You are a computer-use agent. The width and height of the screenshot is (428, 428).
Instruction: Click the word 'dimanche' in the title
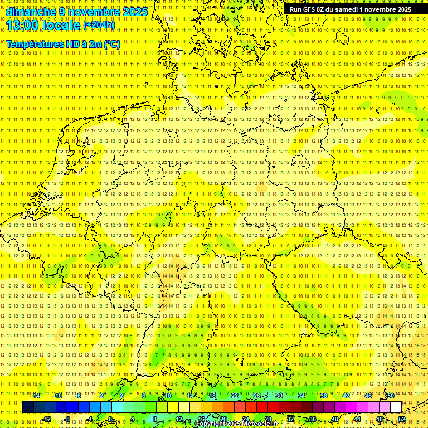coord(28,12)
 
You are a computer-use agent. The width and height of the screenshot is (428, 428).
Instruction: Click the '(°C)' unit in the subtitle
coord(111,44)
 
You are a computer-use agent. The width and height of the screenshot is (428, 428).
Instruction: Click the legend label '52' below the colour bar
coord(402,419)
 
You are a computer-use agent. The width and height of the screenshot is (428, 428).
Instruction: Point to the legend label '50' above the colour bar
coord(391,396)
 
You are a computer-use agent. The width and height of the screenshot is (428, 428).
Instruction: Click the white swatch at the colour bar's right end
coord(396,407)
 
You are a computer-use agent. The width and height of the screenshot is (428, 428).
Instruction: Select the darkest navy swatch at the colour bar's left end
coord(28,407)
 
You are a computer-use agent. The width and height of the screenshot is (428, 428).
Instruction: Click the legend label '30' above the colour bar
coord(279,396)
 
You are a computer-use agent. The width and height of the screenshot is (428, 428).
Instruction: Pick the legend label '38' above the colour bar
coord(324,396)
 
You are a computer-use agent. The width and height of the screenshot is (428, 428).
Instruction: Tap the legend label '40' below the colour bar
coord(335,419)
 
